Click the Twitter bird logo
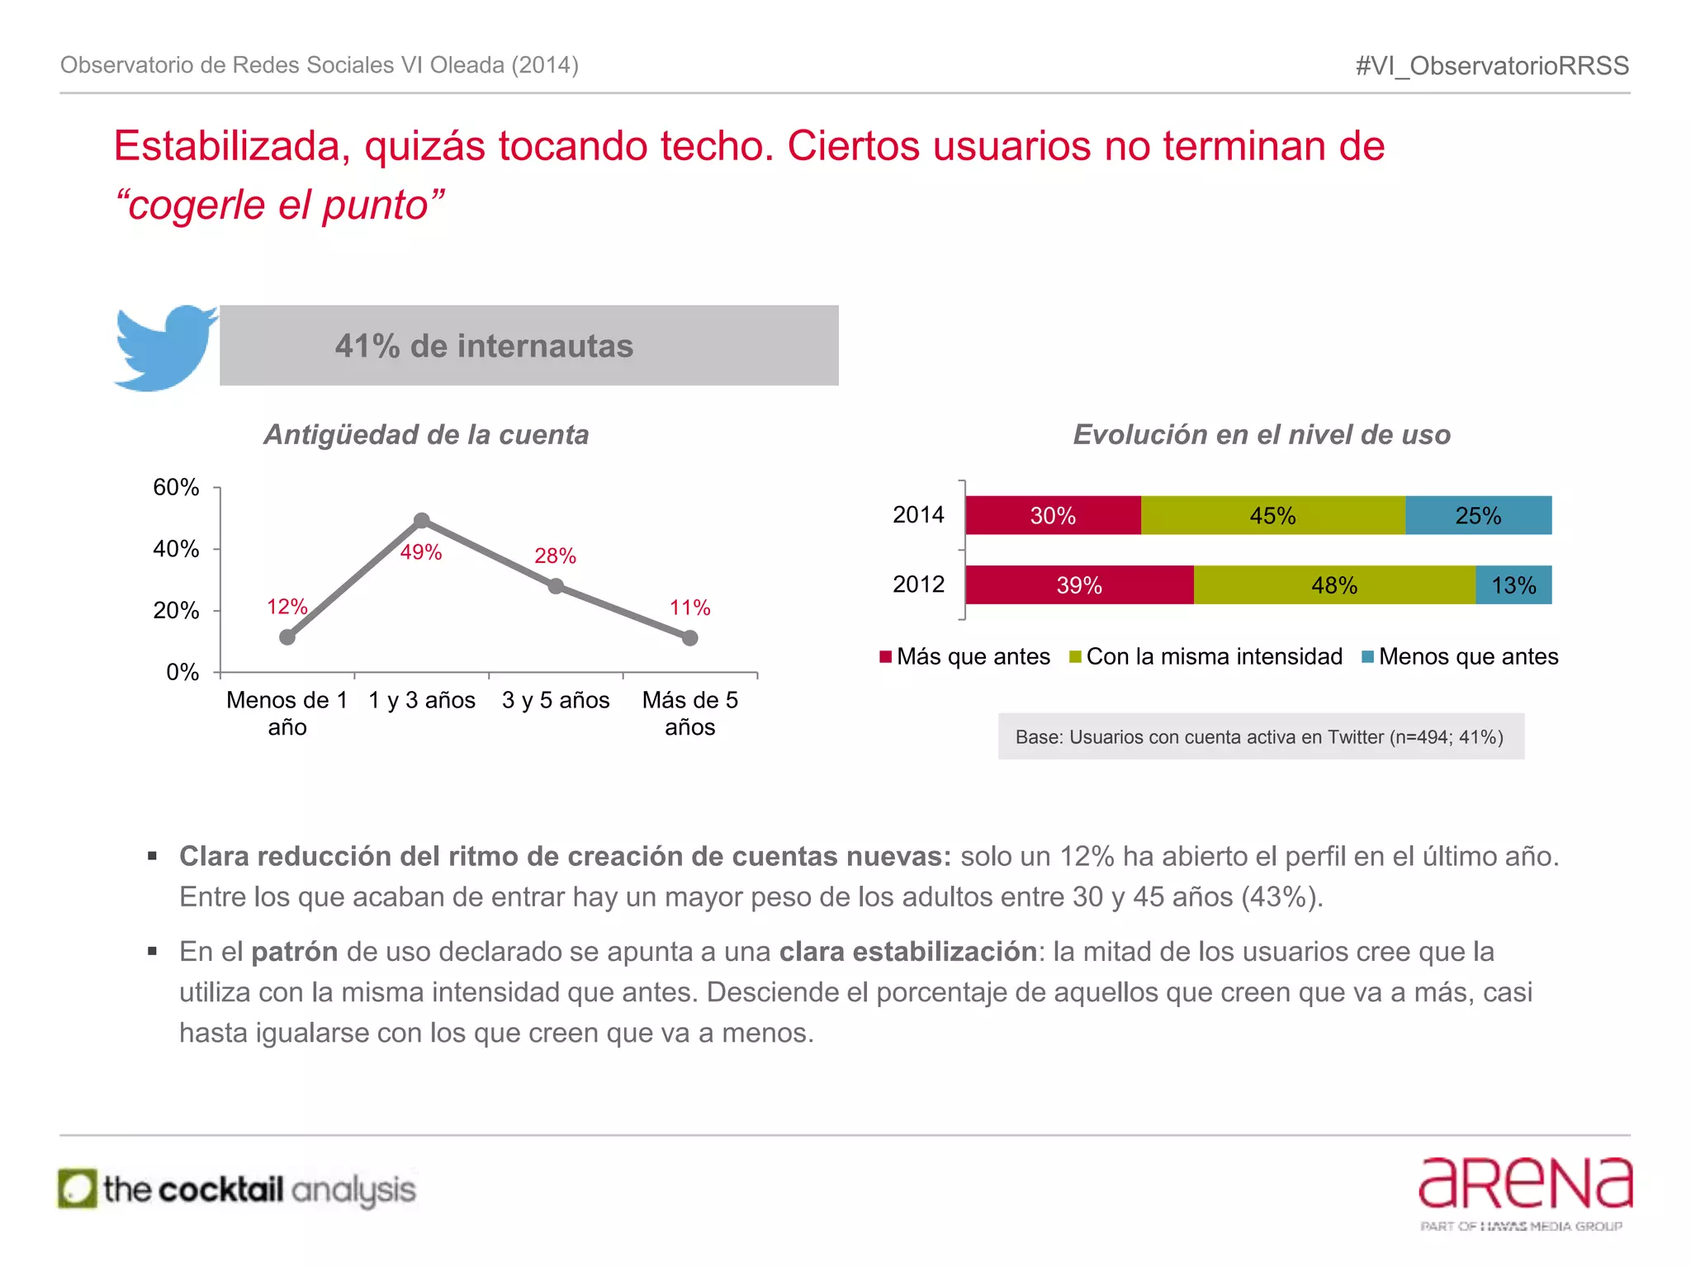tap(165, 347)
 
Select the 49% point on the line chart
tap(421, 521)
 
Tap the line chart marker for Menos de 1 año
tap(287, 636)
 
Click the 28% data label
tap(555, 556)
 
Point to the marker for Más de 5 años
tap(690, 637)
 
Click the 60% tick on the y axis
tap(176, 487)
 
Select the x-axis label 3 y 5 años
tap(556, 700)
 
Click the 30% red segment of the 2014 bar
tap(1053, 515)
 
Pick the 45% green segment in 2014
tap(1272, 515)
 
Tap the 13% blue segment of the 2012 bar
tap(1513, 585)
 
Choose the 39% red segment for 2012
tap(1079, 585)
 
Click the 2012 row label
tap(918, 584)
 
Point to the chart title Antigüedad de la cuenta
tap(426, 434)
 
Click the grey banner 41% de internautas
tap(528, 346)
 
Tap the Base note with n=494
tap(1260, 736)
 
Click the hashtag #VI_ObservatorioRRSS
tap(1492, 65)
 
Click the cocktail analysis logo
tap(238, 1190)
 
